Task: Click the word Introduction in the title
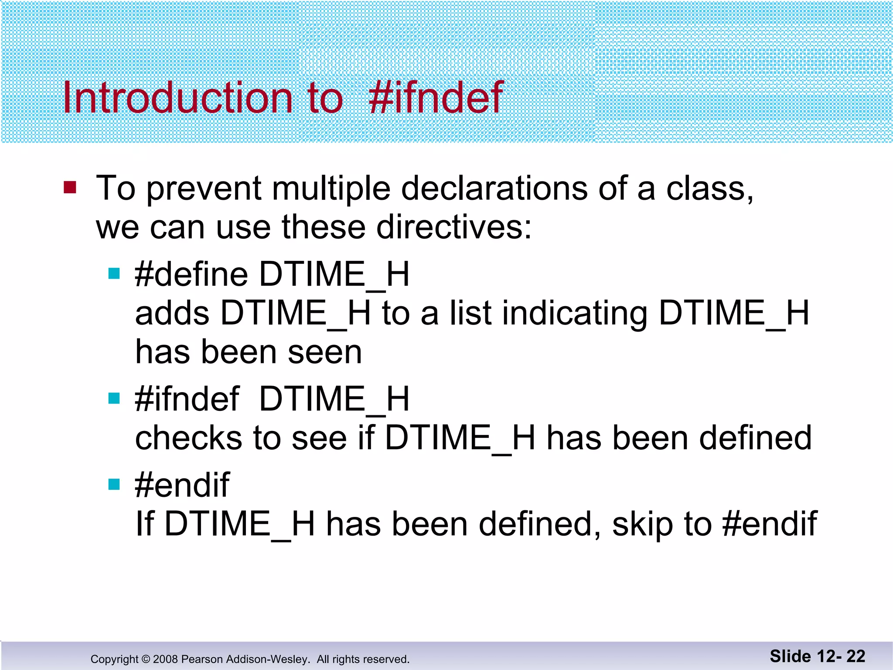point(177,98)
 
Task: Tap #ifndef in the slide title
point(436,98)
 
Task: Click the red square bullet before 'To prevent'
point(70,188)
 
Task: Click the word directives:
point(454,227)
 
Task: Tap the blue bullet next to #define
point(114,273)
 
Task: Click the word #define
point(191,274)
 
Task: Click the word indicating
point(575,314)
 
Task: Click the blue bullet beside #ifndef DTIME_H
point(114,398)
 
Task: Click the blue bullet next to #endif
point(114,484)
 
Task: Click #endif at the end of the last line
point(769,523)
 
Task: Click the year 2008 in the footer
point(165,659)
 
